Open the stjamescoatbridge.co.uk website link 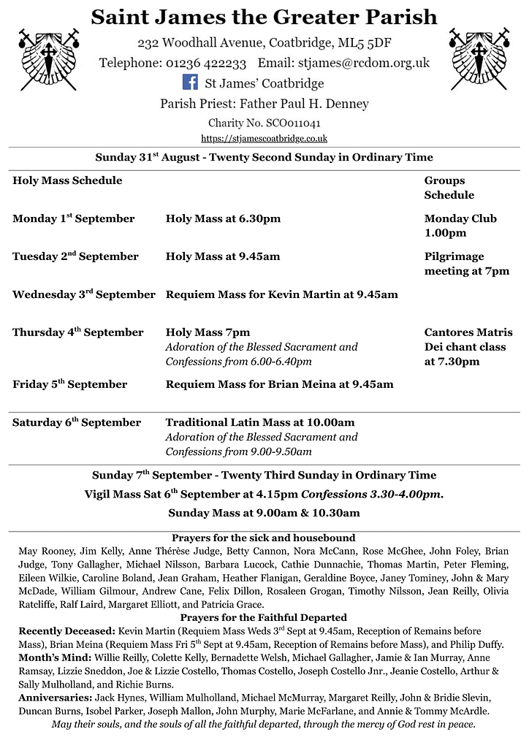[x=264, y=137]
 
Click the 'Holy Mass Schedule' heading [x=67, y=180]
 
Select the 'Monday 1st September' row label [x=73, y=218]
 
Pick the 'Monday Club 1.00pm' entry [x=460, y=226]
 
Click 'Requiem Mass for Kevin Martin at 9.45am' [x=281, y=294]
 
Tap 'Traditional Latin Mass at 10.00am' [x=259, y=422]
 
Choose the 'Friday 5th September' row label [x=69, y=384]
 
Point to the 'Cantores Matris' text [x=468, y=332]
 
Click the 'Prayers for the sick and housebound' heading [x=263, y=538]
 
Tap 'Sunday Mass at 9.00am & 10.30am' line [x=264, y=513]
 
